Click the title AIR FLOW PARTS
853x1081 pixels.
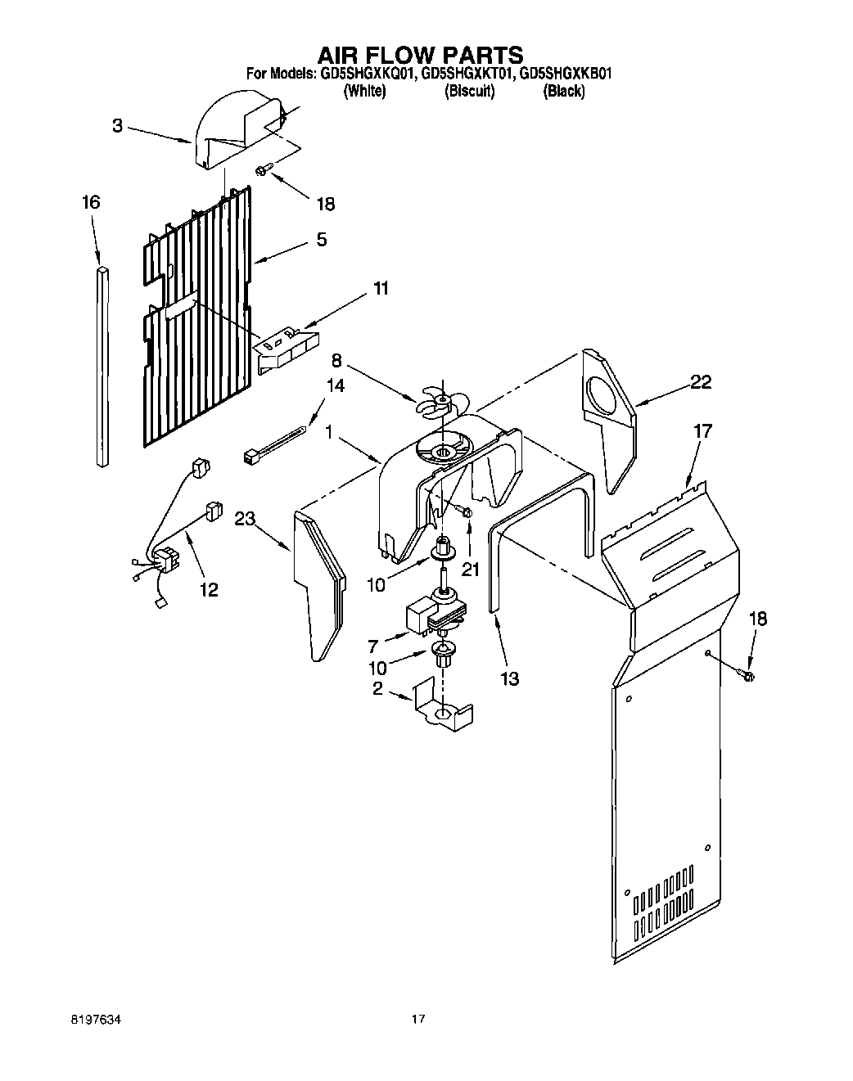click(420, 55)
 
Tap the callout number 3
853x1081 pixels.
click(118, 126)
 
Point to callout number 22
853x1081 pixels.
click(701, 381)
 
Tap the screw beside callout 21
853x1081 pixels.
click(467, 512)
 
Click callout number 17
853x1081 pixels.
click(702, 430)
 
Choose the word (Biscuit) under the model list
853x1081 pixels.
click(469, 92)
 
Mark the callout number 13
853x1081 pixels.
click(509, 678)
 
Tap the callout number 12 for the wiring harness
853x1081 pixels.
click(209, 589)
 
